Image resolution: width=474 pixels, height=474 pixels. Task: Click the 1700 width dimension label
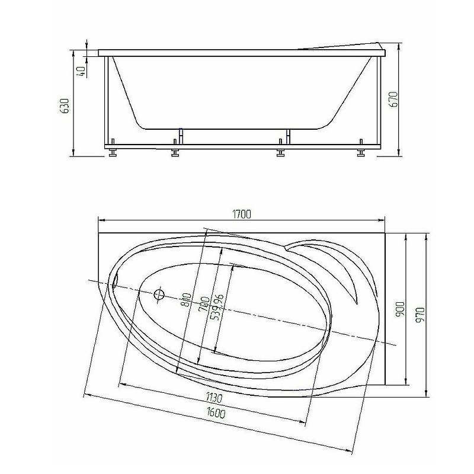tap(242, 214)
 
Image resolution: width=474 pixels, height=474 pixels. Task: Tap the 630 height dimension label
tap(66, 105)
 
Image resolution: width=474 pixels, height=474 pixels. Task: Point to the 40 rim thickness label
tap(81, 72)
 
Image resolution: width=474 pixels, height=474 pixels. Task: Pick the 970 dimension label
tap(421, 315)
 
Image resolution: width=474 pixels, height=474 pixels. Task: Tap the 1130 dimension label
tap(214, 398)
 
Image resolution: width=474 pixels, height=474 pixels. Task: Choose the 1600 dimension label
tap(216, 412)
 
